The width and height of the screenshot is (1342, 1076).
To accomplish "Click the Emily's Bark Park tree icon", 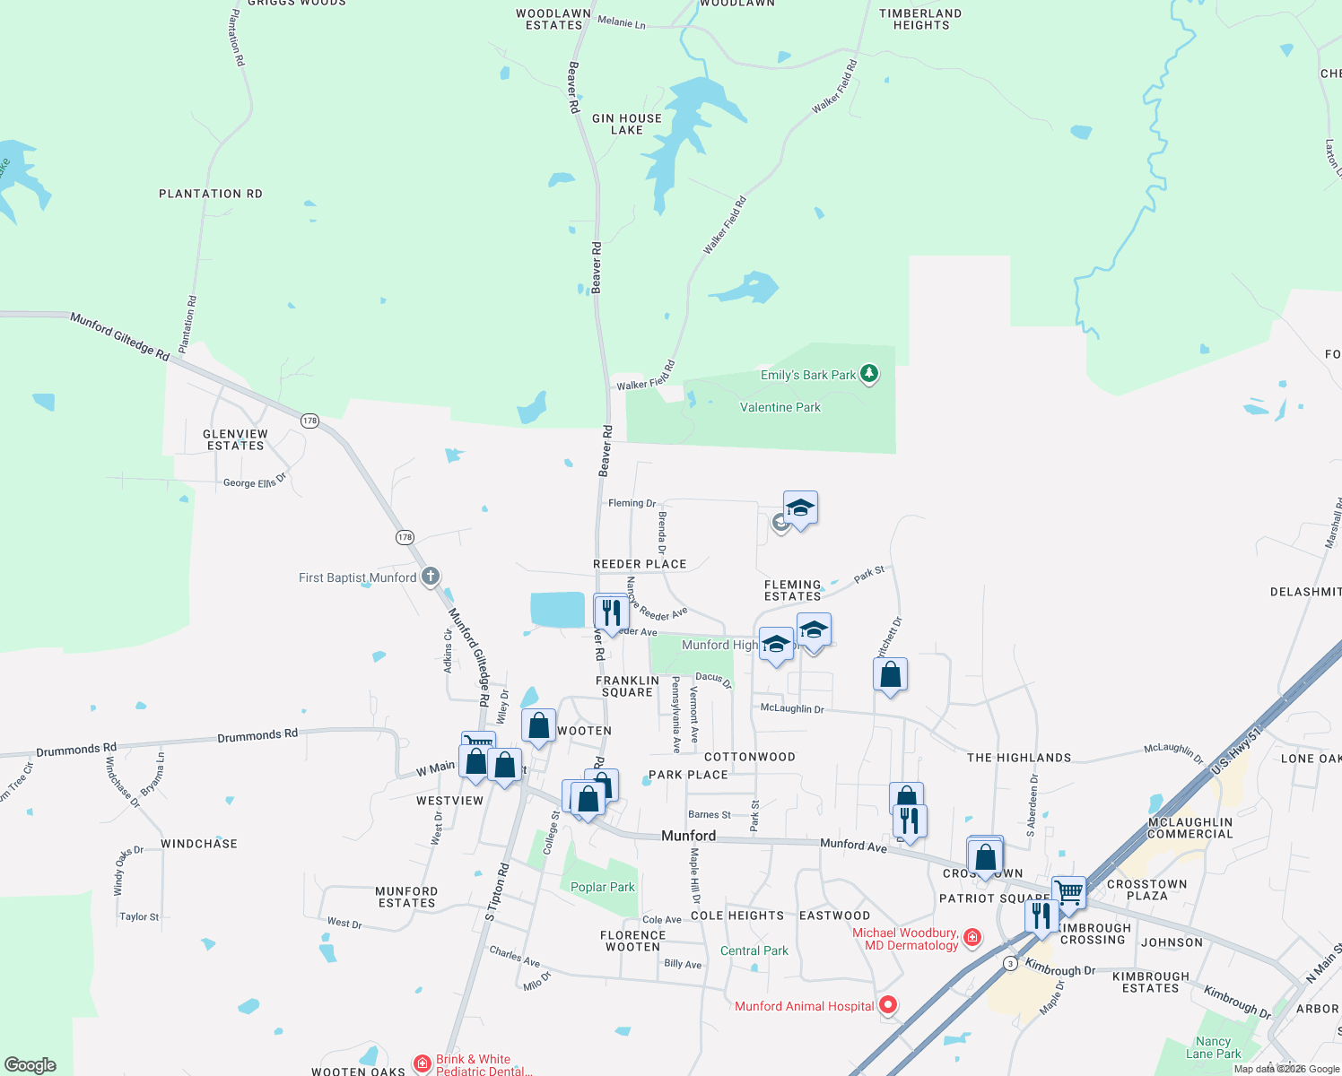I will [868, 374].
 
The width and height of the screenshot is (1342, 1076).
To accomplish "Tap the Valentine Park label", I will [780, 407].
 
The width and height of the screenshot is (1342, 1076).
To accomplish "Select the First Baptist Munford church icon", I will [431, 576].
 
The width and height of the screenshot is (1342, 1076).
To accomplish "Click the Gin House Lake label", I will [627, 124].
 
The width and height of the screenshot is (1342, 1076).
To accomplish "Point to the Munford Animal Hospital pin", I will [888, 1005].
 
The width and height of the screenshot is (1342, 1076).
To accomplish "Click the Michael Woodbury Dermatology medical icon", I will [972, 938].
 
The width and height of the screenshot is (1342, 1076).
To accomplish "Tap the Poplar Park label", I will [603, 887].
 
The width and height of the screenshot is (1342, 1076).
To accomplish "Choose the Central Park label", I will [754, 950].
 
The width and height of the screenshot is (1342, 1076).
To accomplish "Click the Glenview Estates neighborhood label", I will [236, 439].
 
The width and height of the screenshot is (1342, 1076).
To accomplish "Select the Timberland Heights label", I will [920, 19].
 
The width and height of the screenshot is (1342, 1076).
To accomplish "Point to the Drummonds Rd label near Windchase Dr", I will [76, 750].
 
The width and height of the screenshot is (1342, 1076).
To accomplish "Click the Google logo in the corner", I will [30, 1064].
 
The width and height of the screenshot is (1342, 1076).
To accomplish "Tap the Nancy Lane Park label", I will [1214, 1047].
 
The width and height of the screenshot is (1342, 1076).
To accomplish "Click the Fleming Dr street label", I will [632, 503].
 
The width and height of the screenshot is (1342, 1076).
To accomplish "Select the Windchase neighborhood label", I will [199, 844].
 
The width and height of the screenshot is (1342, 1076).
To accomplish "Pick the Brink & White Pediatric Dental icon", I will [422, 1064].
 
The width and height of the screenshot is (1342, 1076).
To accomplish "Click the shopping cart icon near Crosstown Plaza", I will [1068, 892].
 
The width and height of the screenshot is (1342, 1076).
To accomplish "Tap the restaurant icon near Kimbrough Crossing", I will [1041, 916].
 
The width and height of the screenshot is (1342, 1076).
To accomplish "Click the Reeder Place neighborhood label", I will [640, 564].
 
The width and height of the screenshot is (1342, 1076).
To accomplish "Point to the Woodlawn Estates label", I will [553, 19].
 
